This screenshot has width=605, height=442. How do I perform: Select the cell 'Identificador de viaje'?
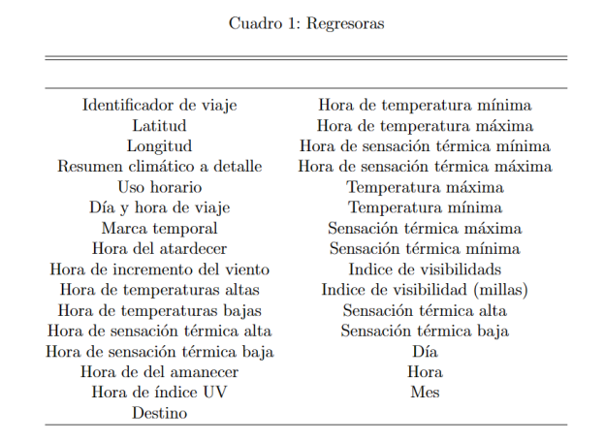[159, 105]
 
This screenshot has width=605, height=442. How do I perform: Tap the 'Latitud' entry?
[159, 125]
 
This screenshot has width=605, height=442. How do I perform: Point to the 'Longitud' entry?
[159, 145]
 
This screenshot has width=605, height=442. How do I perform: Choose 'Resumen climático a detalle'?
[159, 166]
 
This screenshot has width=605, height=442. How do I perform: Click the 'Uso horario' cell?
[159, 186]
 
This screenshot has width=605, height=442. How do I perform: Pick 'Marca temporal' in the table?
[159, 228]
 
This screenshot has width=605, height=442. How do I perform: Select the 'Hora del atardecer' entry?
[159, 248]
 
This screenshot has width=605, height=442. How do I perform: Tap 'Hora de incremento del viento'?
[159, 268]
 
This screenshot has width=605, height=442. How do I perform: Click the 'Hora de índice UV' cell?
[159, 393]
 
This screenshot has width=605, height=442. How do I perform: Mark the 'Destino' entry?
[159, 413]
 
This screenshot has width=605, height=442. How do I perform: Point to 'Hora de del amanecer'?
[159, 371]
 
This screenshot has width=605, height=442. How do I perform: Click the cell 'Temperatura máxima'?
[425, 186]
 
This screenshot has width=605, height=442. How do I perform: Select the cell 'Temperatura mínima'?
[425, 206]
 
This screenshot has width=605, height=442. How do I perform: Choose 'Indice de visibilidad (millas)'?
[425, 289]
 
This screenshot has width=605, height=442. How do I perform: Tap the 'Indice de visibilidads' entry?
[425, 268]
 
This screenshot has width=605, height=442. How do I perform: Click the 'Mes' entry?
[425, 393]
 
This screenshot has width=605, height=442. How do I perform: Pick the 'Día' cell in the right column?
[425, 351]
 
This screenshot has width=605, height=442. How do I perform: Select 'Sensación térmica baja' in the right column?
[425, 331]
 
